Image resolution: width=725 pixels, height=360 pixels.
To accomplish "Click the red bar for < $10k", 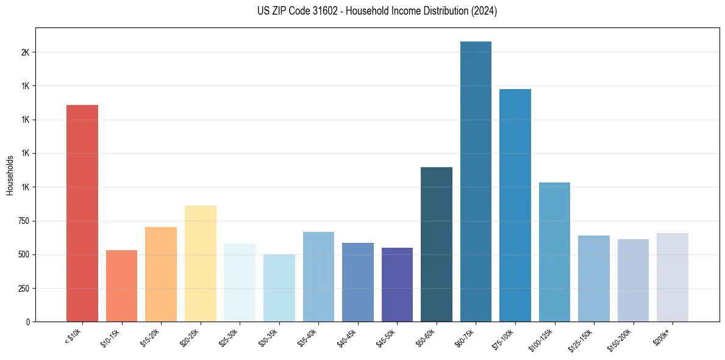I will [x=82, y=213].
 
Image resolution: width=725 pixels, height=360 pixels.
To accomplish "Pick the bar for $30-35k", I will [x=279, y=288].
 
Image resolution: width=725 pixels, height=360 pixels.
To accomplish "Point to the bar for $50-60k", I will [x=437, y=244].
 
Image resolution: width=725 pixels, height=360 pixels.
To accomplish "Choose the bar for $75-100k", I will [x=515, y=205].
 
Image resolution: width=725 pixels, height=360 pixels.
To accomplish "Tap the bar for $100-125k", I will [x=554, y=252].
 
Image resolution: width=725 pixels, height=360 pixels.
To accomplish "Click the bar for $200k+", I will [x=673, y=277].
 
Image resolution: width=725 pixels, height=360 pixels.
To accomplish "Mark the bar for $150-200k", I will [x=633, y=280].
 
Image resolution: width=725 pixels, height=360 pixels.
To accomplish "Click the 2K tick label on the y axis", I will [x=25, y=52].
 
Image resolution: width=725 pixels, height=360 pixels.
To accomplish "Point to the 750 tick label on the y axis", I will [x=24, y=221].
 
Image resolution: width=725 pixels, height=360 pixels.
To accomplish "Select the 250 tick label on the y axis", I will [x=24, y=288].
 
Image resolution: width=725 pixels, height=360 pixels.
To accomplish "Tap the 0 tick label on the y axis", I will [x=28, y=322].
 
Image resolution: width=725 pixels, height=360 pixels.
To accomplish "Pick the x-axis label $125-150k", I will [x=582, y=338].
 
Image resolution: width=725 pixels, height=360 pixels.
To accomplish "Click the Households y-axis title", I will [x=10, y=175].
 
